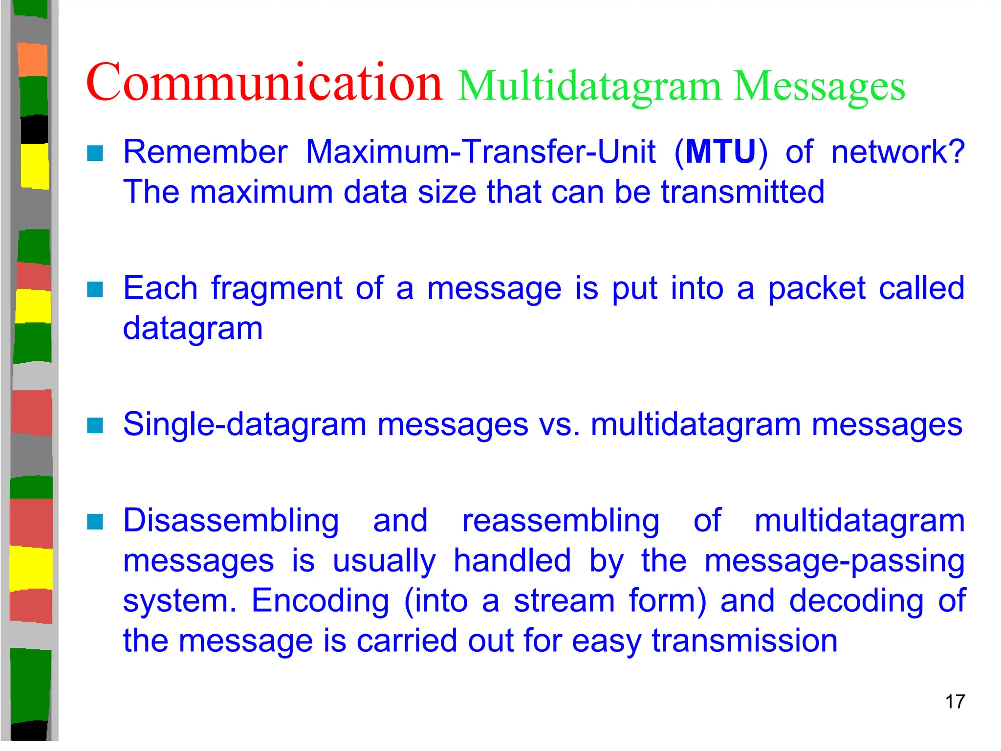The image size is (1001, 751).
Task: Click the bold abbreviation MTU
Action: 721,152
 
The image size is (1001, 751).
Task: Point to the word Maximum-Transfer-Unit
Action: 480,152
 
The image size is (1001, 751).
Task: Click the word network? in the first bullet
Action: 898,152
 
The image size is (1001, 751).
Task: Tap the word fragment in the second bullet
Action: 277,288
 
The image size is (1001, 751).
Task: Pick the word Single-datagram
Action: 244,424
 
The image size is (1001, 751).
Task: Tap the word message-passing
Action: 834,561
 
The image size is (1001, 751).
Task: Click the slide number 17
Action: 955,702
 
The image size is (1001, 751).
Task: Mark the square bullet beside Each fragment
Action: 95,289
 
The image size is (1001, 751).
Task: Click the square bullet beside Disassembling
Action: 95,522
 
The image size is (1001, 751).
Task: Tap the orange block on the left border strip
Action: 33,60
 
